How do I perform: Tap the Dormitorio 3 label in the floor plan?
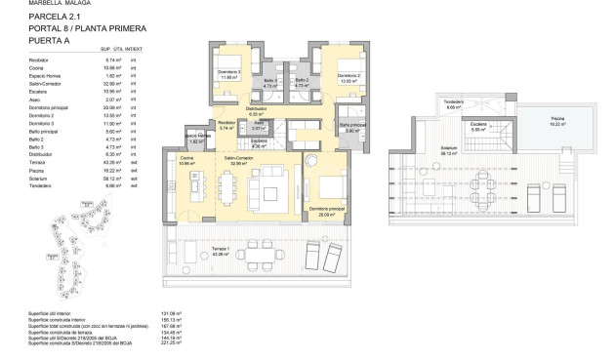pos(230,73)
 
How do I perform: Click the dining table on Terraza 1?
pos(258,257)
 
